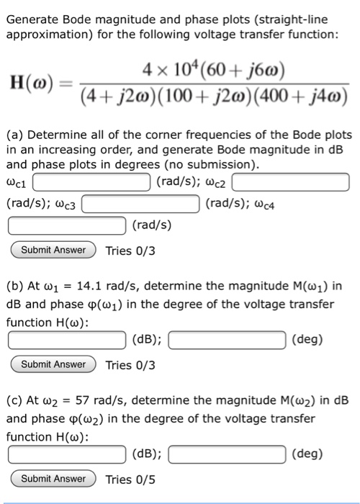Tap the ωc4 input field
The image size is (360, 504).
coord(68,226)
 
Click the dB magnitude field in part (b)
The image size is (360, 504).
coord(68,339)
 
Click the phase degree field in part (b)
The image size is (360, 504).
coord(229,339)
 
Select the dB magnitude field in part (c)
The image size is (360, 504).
coord(68,454)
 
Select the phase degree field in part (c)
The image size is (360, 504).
coord(229,454)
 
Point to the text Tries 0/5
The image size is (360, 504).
coord(130,479)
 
